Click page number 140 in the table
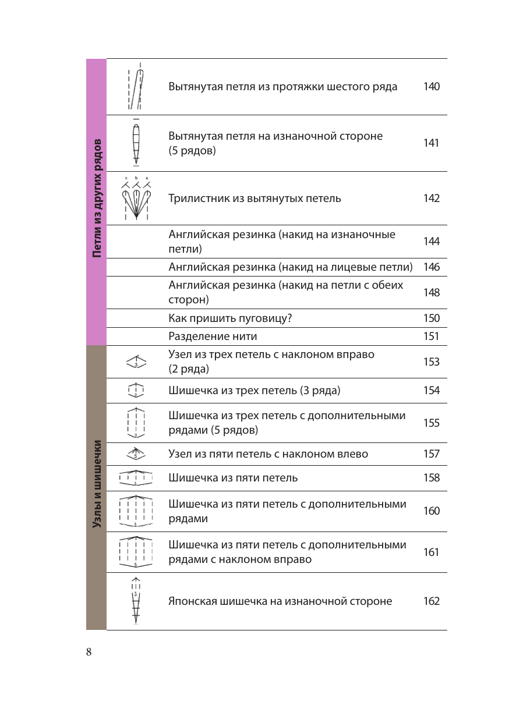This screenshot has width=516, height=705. point(431,87)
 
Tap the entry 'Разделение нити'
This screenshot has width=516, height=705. point(213,336)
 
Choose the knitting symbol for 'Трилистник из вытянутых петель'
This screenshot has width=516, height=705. point(136,198)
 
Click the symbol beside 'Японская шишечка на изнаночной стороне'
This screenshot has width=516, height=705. point(136,601)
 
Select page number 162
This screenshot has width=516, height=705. point(431,601)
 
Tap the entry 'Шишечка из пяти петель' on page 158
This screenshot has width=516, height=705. point(233,478)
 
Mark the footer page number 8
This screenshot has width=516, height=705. point(89,652)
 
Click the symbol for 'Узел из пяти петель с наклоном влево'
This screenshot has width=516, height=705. point(136,454)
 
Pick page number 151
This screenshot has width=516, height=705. point(431,336)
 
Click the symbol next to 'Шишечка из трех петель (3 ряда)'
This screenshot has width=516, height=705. point(136,390)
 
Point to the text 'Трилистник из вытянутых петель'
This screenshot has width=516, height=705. point(255,199)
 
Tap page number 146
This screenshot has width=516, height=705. point(431,268)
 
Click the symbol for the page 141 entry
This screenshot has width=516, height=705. point(136,143)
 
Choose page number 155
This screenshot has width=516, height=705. point(431,423)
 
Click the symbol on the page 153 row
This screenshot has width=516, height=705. point(136,362)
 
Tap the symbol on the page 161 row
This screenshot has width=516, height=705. point(136,552)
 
